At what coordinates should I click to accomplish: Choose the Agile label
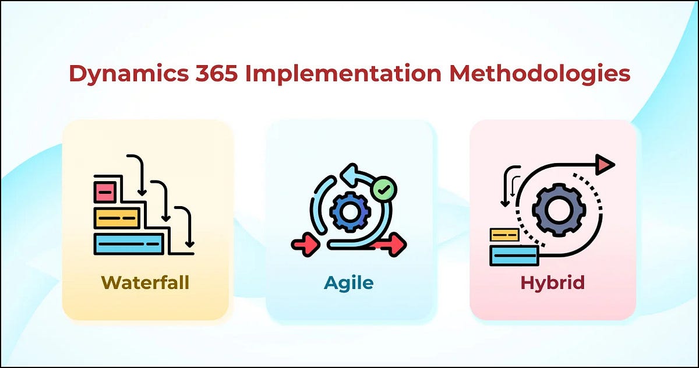click(349, 283)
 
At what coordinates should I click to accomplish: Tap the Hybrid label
click(553, 283)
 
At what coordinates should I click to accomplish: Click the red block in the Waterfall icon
click(105, 192)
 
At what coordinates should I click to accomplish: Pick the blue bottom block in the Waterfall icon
click(129, 243)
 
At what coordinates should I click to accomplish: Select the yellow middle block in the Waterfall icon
click(117, 218)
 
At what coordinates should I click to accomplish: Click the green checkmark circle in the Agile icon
click(383, 189)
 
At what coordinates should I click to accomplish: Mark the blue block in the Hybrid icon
click(514, 255)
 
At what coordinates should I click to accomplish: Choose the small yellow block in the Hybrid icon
click(504, 235)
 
